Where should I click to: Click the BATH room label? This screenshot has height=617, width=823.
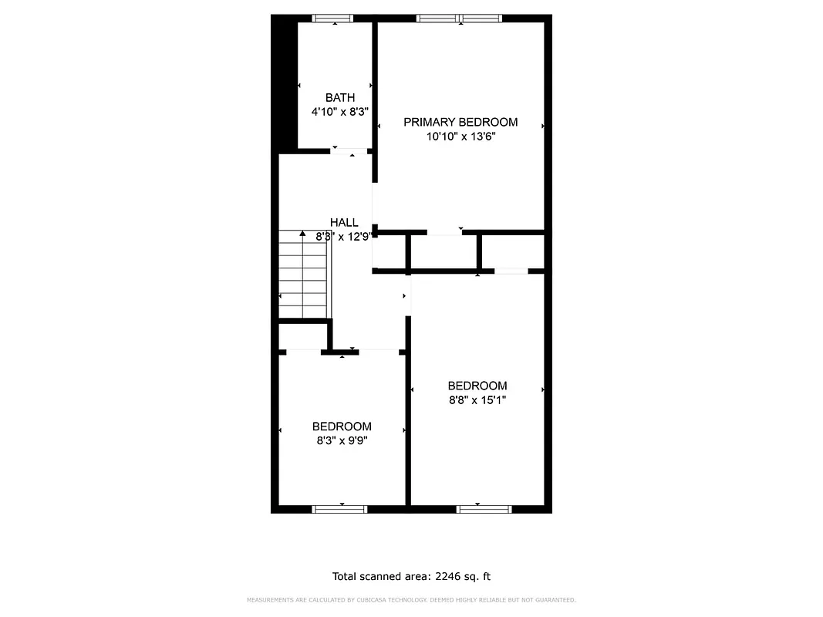click(x=340, y=97)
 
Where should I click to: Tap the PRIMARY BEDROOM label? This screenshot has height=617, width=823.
click(x=460, y=122)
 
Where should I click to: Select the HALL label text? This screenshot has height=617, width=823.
click(x=343, y=222)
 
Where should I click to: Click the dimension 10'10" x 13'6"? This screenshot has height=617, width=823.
click(x=460, y=137)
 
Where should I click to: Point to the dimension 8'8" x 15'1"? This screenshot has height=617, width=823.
click(x=477, y=400)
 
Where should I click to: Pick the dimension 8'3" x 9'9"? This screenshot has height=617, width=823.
click(x=342, y=441)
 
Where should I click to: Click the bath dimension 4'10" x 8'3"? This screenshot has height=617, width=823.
click(x=340, y=112)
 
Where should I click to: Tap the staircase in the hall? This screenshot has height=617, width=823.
click(x=304, y=274)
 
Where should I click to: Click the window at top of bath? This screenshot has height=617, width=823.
click(x=333, y=19)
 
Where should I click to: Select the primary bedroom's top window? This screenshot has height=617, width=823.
click(x=459, y=19)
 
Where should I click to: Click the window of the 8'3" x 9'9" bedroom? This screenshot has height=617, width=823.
click(x=339, y=509)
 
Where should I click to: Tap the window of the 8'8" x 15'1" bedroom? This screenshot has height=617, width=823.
click(x=484, y=509)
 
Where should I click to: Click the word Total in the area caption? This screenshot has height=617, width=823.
click(x=346, y=576)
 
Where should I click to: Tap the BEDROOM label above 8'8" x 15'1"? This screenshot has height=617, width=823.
click(x=477, y=386)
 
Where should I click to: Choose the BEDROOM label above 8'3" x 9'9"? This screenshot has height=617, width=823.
click(x=342, y=427)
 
